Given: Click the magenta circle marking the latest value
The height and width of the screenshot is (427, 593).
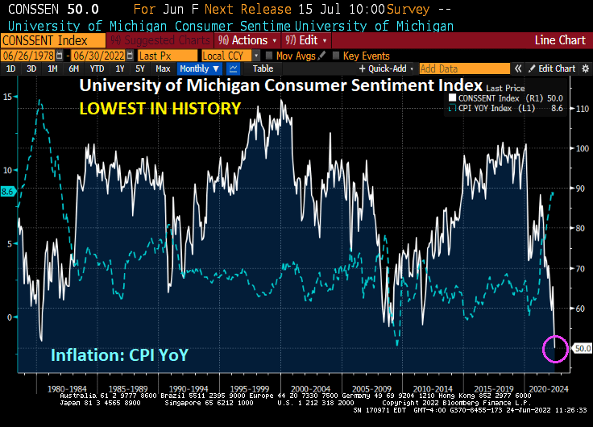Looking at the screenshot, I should pyautogui.click(x=556, y=348).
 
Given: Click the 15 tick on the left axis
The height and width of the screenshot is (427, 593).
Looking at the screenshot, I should pyautogui.click(x=7, y=97).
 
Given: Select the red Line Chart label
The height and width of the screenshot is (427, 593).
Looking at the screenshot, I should pyautogui.click(x=560, y=39).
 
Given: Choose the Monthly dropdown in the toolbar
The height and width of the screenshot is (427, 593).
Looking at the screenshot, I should pyautogui.click(x=199, y=69).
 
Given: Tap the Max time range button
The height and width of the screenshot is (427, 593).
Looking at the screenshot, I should pyautogui.click(x=164, y=69).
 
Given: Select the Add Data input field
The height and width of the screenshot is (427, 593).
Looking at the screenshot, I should pyautogui.click(x=465, y=69).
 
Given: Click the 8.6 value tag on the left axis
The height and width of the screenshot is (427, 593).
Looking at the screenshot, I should pyautogui.click(x=8, y=192).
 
